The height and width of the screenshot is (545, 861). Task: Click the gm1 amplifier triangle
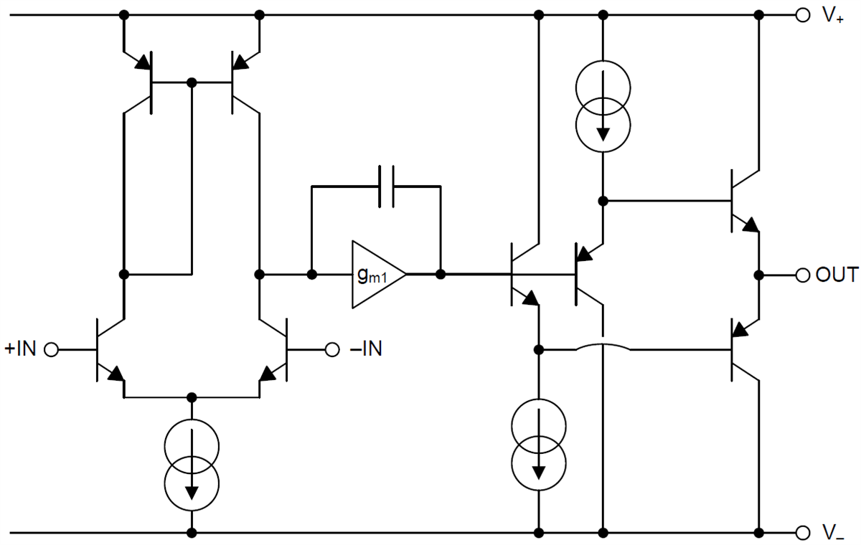(376, 275)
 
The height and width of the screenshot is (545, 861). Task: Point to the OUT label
(837, 275)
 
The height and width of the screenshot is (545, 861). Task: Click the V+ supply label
(833, 16)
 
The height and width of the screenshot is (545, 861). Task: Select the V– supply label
(833, 533)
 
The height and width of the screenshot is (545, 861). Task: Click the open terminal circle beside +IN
(51, 349)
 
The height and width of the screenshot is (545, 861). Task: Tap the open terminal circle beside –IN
(331, 349)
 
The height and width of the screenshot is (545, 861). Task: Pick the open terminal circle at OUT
(803, 275)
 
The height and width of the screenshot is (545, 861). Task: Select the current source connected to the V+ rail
(603, 105)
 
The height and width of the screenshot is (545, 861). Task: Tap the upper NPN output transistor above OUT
(743, 201)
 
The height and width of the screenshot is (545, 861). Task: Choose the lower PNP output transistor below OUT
(743, 349)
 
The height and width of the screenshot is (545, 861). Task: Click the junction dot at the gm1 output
(441, 275)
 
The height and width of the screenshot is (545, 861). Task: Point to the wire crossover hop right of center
(603, 348)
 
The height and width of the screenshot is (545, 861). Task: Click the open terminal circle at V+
(803, 14)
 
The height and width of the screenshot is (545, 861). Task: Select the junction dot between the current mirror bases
(192, 82)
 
